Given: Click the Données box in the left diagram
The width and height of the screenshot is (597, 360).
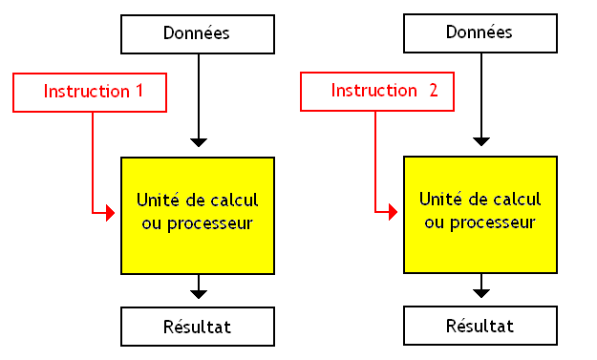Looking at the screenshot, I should tap(198, 33).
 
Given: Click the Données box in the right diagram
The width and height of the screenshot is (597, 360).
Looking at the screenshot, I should tap(480, 32).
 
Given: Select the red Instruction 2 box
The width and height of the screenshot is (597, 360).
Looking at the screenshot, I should tap(376, 92).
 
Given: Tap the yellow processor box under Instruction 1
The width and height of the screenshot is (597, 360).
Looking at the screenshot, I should tap(198, 214).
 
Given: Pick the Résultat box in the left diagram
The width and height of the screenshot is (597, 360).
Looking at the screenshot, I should tap(198, 327).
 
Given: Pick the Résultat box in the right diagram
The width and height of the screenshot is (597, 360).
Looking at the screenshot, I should tap(480, 326).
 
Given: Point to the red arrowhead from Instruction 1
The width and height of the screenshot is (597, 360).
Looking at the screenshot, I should tap(109, 213).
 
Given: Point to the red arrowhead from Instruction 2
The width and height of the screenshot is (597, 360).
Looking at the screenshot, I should tap(393, 211).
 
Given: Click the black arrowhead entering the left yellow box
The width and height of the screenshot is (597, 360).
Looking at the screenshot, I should tap(198, 141).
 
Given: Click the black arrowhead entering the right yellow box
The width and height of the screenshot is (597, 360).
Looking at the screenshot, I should tap(481, 140).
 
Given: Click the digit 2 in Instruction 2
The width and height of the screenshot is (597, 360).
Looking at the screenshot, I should tap(434, 92).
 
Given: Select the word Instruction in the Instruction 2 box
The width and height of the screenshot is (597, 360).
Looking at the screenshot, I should tap(373, 92).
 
